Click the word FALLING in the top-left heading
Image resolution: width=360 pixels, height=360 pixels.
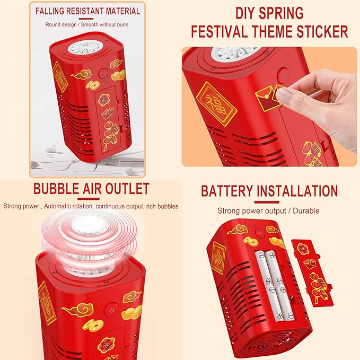click(49, 11)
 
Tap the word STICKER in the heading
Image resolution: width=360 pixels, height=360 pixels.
click(322, 31)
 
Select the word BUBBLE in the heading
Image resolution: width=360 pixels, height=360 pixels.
click(56, 189)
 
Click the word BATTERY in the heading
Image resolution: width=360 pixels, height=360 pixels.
click(227, 191)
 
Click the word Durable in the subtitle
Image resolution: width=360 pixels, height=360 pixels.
click(306, 211)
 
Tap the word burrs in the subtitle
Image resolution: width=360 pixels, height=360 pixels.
click(122, 24)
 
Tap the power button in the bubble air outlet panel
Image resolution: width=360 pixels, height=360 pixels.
click(112, 310)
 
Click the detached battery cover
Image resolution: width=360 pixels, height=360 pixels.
click(312, 273)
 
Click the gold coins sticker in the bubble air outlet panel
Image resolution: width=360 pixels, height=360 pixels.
click(93, 326)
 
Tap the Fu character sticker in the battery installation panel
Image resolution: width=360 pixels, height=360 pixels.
click(218, 258)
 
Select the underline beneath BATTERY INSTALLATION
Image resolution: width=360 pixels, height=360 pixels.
click(267, 203)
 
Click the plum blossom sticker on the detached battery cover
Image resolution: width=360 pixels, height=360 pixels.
click(302, 249)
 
